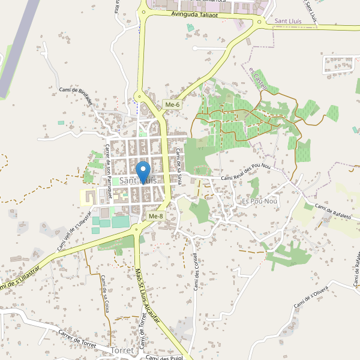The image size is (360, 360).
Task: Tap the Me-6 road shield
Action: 172,105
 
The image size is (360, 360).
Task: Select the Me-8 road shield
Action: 155,216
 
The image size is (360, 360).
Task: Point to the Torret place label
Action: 123,350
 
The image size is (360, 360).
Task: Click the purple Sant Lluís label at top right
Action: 295,20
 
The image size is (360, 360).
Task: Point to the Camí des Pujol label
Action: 164,358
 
